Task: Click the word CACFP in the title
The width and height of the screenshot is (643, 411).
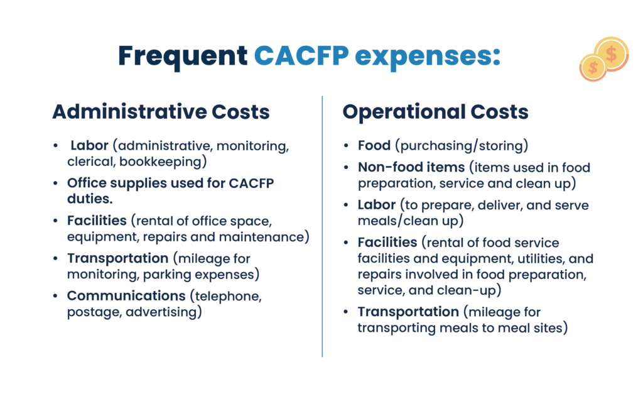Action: (x=301, y=55)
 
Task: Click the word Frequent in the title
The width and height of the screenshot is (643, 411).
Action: (x=183, y=57)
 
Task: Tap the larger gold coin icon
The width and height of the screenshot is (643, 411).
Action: (x=612, y=54)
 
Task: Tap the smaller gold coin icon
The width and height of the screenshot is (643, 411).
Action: (x=593, y=68)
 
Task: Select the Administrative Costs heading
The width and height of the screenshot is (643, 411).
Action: (x=161, y=112)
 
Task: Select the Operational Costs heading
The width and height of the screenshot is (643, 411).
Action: (x=436, y=112)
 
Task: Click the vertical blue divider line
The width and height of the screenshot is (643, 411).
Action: (x=322, y=227)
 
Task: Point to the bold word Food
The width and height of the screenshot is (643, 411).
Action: (x=374, y=145)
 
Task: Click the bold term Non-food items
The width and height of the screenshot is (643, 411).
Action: (x=411, y=167)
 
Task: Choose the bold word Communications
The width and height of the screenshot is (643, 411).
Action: (x=126, y=295)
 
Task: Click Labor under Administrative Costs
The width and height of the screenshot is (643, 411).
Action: (x=89, y=145)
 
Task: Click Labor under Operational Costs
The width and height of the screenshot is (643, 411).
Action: (x=377, y=204)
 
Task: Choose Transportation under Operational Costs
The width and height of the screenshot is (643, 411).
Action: (x=408, y=312)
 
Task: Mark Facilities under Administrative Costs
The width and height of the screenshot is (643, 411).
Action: (x=97, y=221)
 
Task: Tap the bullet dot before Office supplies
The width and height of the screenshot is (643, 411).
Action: (x=55, y=183)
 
